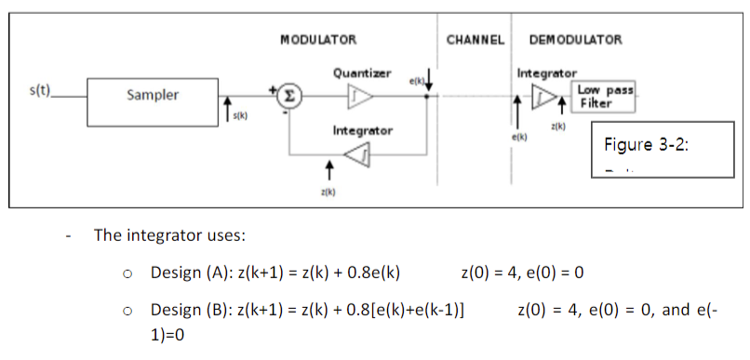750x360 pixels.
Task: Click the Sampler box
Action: [x=153, y=95]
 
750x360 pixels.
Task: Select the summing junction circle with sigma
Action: [x=289, y=95]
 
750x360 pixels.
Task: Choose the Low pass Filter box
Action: [x=605, y=96]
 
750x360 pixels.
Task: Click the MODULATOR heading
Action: [x=318, y=40]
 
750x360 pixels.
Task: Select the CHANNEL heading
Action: [x=475, y=40]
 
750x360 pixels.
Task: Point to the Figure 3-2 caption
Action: [x=644, y=144]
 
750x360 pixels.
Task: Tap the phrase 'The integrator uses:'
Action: [x=169, y=234]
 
